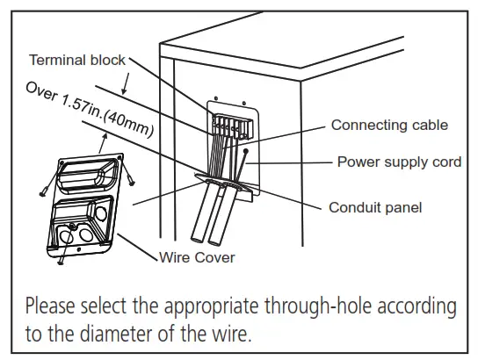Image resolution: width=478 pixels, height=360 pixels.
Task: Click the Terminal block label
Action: pos(77,60)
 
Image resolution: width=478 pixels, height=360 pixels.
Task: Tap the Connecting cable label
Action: pos(389,126)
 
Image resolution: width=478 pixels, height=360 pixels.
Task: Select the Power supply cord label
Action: pos(399,162)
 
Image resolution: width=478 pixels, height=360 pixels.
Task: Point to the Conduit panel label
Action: pos(375,208)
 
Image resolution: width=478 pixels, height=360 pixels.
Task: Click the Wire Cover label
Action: pos(197,257)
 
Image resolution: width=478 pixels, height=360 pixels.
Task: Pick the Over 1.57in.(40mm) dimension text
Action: pos(90,109)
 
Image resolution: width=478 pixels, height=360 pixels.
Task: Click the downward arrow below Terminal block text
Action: pos(126,83)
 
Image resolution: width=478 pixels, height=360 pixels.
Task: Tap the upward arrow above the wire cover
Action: pos(104,143)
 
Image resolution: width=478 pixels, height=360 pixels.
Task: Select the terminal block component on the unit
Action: pos(232,126)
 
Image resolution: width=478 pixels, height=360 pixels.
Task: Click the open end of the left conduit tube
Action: pos(197,240)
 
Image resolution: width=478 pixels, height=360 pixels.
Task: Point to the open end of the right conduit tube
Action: pos(214,241)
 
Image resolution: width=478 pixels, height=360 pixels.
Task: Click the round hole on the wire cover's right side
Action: pos(100,213)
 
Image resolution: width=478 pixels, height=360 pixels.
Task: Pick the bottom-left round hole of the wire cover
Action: pos(65,238)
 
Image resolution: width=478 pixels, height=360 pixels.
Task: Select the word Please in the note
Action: pos(50,306)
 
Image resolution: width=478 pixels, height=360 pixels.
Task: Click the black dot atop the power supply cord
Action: pos(246,151)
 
